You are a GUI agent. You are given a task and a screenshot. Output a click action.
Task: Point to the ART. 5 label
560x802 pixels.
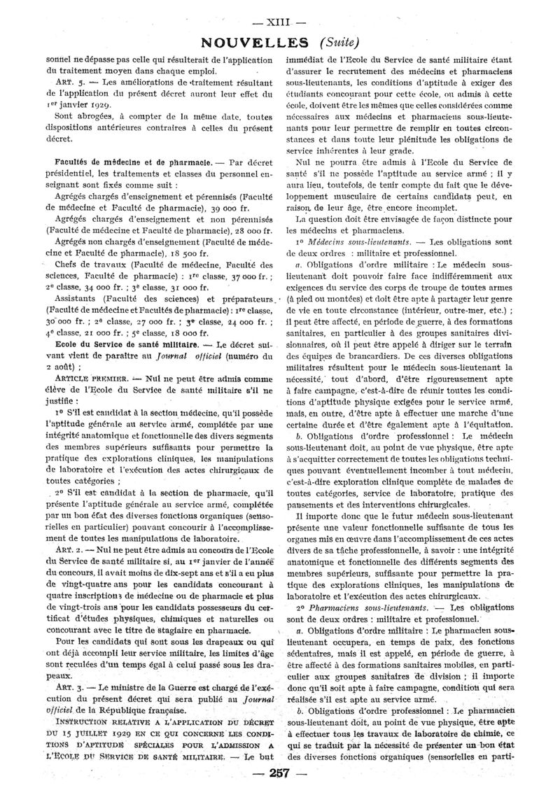(x=70, y=81)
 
